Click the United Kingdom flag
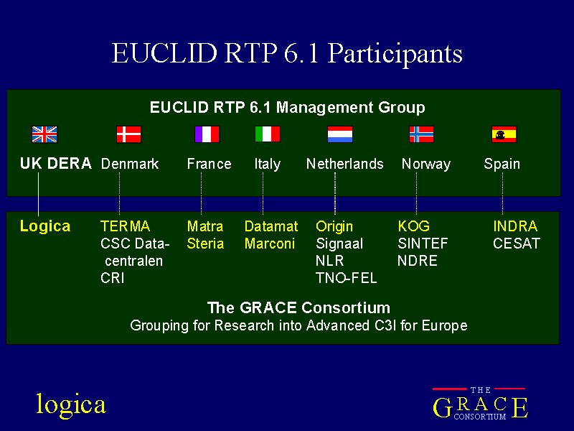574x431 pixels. pos(44,134)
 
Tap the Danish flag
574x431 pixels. pos(129,134)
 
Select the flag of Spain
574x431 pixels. pos(504,134)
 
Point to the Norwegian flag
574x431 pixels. pos(421,134)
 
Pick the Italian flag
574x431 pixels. pos(268,134)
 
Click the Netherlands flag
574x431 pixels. pos(340,134)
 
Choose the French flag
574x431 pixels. pos(207,134)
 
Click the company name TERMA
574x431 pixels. pos(125,226)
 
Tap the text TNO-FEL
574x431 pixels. pos(347,278)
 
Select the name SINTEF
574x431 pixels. pos(423,244)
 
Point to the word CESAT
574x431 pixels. pos(517,244)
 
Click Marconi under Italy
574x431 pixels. pos(270,244)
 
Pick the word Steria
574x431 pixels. pos(205,244)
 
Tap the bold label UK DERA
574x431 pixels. pos(56,164)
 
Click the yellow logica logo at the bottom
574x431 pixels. pos(71,404)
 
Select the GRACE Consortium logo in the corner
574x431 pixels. pos(480,404)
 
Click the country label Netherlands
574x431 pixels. pos(345,164)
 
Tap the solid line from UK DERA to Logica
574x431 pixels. pos(39,194)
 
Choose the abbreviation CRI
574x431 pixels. pos(113,278)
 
